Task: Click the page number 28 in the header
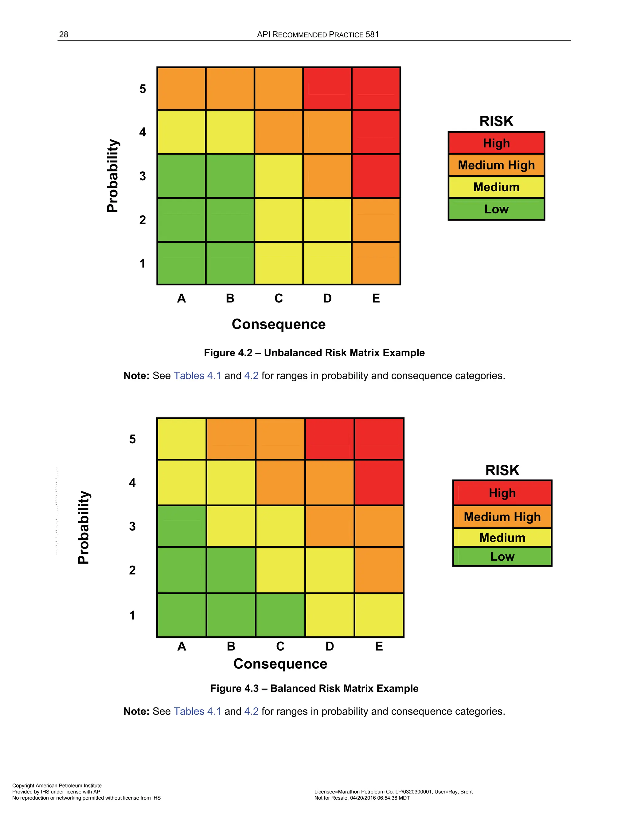64,35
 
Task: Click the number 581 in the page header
372,35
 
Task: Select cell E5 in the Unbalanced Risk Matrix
376,89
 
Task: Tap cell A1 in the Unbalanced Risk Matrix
182,264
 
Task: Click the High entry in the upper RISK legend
496,143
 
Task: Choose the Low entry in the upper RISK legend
496,209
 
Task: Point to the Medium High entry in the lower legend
502,517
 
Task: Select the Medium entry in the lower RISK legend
502,538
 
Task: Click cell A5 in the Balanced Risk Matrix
182,439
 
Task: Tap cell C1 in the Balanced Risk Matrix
280,615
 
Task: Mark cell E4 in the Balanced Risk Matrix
379,483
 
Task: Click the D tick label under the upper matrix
327,298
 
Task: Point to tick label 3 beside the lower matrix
132,526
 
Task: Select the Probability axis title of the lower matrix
84,527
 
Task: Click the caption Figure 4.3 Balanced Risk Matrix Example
314,688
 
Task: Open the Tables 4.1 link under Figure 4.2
197,376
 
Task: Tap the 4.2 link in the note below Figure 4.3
251,711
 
